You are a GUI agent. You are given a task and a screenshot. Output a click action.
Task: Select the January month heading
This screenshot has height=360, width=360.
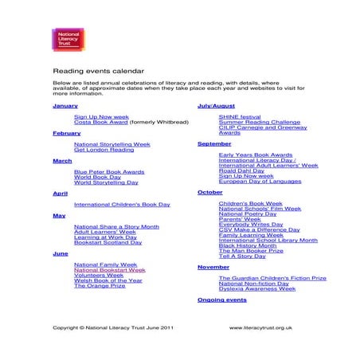tap(65, 105)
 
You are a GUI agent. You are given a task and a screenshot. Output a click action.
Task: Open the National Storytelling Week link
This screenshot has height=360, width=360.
tap(112, 144)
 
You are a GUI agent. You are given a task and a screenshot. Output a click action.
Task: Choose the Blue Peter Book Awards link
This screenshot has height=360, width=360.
tap(109, 171)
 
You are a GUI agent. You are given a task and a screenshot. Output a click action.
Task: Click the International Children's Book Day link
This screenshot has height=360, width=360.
tap(122, 205)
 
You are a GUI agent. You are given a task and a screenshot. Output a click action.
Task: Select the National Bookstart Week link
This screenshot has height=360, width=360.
tap(109, 270)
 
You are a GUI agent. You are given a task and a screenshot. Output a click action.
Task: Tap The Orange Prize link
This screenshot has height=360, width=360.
tap(100, 285)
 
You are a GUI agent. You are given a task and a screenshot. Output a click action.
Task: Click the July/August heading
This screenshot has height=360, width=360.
tap(216, 105)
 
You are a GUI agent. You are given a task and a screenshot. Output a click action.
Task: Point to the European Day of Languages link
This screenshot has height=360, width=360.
tap(260, 182)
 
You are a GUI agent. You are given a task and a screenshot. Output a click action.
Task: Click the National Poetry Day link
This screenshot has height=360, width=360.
tap(247, 213)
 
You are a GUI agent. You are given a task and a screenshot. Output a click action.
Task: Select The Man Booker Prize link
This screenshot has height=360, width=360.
tap(250, 251)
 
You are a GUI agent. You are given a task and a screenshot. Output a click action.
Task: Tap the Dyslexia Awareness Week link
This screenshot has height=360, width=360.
tap(256, 288)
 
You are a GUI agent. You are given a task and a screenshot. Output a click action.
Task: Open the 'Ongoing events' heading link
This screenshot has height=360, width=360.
tap(221, 300)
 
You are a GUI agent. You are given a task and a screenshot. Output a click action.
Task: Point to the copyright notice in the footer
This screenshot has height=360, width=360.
tap(112, 327)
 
